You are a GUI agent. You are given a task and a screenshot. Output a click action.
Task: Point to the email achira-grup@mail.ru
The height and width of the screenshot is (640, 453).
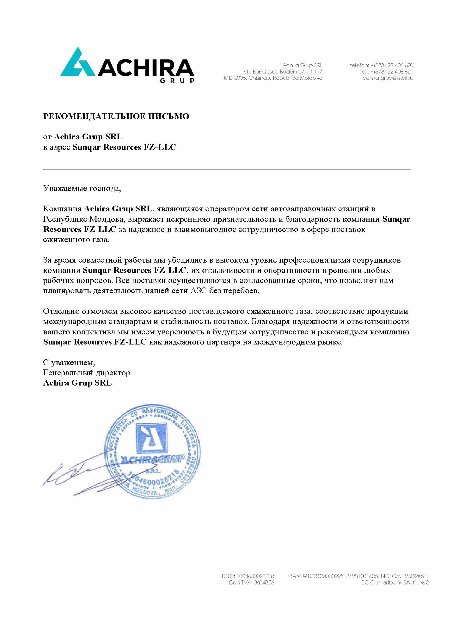click(388, 78)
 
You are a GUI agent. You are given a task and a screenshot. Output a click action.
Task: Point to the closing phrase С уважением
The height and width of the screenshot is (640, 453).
click(69, 363)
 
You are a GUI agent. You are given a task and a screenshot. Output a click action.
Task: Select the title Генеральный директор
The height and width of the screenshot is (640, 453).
click(87, 373)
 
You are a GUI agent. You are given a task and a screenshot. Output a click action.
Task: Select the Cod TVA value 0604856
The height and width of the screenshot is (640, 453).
click(264, 582)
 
